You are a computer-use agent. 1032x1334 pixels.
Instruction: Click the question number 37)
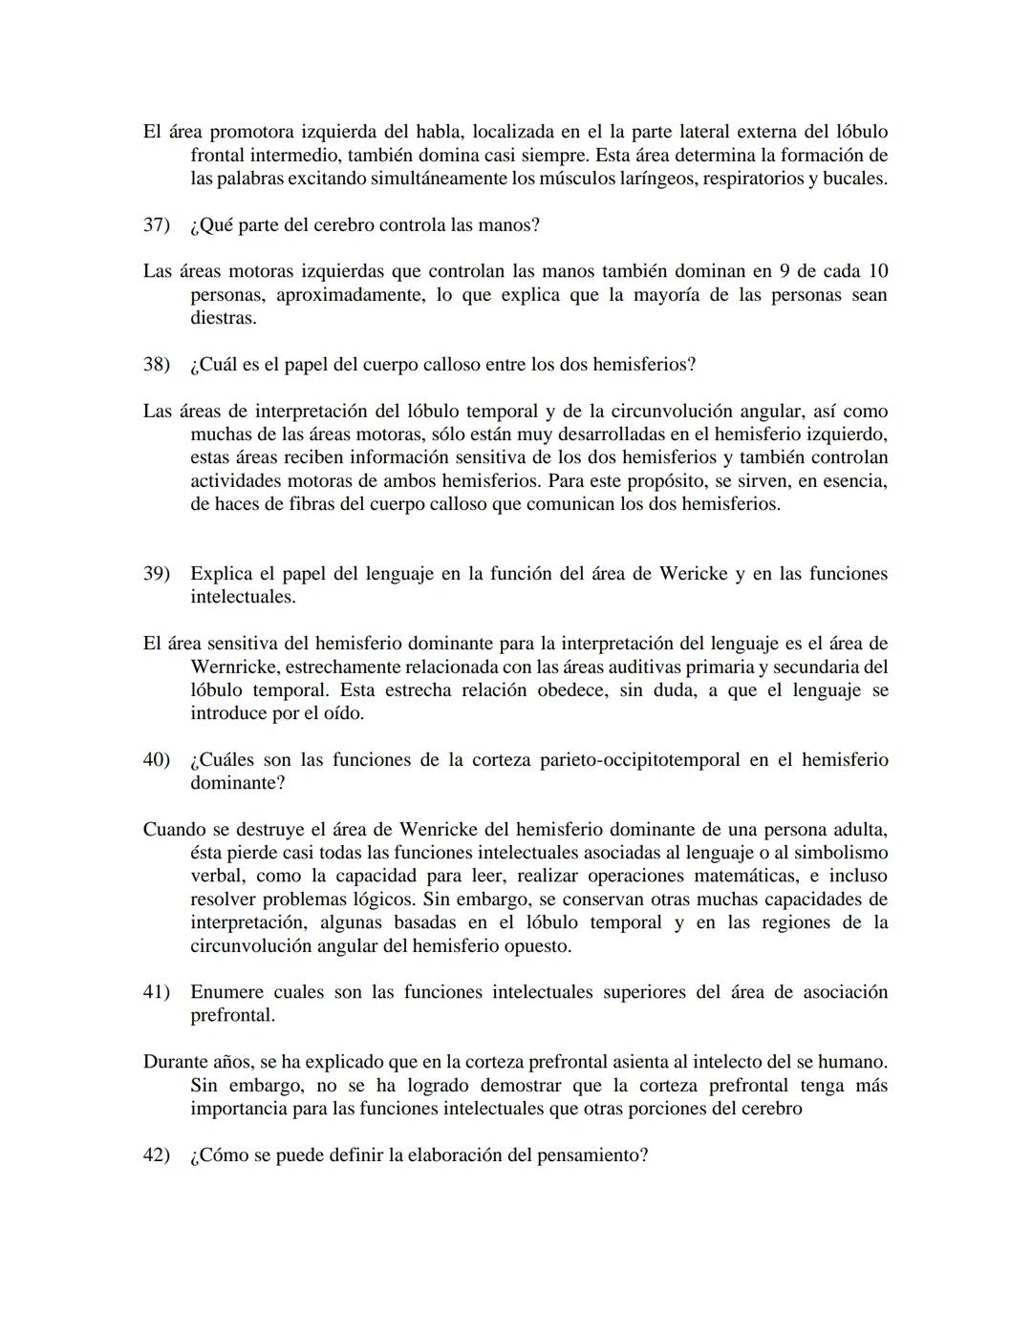tap(156, 225)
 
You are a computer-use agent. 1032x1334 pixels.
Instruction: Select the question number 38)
tap(156, 365)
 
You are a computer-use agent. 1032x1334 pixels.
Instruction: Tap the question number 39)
tap(156, 574)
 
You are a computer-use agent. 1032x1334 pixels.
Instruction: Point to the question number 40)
tap(156, 760)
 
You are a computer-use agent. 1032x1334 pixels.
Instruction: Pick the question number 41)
tap(156, 992)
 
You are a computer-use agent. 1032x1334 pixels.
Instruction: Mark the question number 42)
tap(156, 1155)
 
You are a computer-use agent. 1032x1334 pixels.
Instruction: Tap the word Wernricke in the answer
tap(235, 667)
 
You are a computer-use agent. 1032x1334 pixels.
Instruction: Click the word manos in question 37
tap(514, 225)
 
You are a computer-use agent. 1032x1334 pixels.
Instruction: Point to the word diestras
tap(223, 318)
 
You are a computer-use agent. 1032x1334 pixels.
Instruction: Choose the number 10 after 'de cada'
tap(876, 272)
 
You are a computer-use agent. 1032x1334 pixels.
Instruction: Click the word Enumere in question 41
tap(226, 992)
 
